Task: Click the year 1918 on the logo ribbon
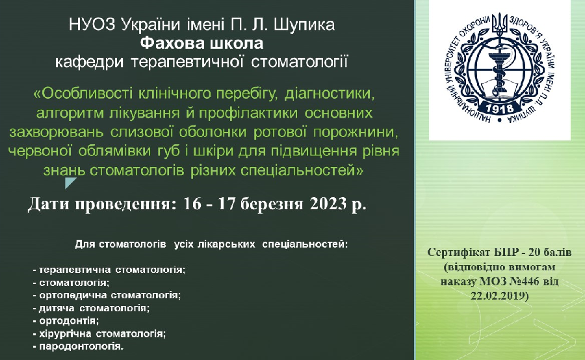[500, 109]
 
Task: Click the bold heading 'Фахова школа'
[201, 44]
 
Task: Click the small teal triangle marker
[70, 183]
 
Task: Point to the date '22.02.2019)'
[500, 296]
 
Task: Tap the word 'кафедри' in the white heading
[89, 62]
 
